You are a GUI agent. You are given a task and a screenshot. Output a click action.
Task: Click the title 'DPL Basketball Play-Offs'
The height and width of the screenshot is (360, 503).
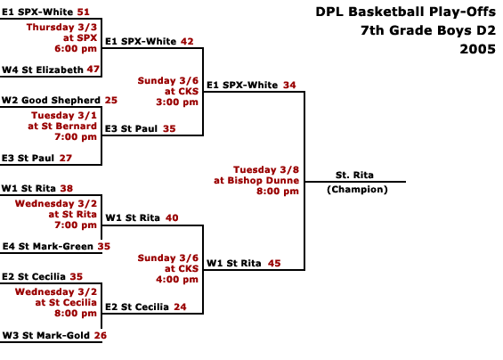pos(405,12)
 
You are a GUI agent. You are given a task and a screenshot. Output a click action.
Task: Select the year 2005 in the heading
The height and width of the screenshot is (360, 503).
pos(478,49)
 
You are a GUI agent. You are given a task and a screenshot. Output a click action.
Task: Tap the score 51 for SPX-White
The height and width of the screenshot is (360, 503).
pos(83,12)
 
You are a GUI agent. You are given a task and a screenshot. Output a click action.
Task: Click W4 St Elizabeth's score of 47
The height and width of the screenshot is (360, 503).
pos(93,69)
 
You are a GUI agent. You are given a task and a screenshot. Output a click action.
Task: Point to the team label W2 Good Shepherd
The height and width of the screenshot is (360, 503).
pos(51,100)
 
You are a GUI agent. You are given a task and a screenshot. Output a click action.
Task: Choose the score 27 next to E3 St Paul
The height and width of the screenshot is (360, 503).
pos(66,158)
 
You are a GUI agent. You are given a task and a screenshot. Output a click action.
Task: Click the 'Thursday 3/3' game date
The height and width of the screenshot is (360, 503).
pos(61,27)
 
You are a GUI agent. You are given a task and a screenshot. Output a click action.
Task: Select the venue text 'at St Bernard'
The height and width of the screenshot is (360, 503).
pos(62,126)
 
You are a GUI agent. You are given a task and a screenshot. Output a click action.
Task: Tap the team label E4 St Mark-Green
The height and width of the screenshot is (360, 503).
pos(48,246)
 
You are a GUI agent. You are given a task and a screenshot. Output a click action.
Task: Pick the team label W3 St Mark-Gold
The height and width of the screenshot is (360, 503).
pos(46,335)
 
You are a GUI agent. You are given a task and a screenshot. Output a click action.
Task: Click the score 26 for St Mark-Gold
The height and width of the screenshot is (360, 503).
pos(101,335)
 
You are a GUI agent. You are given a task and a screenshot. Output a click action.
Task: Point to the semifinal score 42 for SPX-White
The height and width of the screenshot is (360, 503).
pos(187,41)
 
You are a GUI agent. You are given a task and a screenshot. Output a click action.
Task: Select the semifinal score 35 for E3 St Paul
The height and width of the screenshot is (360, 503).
pos(169,129)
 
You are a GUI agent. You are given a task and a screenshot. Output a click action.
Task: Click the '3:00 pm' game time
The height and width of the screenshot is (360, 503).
pos(177,102)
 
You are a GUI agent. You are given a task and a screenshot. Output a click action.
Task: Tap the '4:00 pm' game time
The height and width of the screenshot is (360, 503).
pos(177,280)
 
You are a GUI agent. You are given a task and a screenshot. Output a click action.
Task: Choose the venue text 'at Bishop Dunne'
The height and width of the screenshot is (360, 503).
pos(256,180)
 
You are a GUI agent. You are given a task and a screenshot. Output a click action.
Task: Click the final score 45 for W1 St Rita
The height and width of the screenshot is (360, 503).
pos(274,264)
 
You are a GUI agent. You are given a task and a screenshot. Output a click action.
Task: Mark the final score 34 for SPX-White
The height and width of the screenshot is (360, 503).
pos(289,86)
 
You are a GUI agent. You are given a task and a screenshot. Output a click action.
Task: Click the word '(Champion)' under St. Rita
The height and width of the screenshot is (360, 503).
pos(357,190)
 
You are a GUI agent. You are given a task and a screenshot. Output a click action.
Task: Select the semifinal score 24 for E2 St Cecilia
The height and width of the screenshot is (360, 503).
pos(180,307)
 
